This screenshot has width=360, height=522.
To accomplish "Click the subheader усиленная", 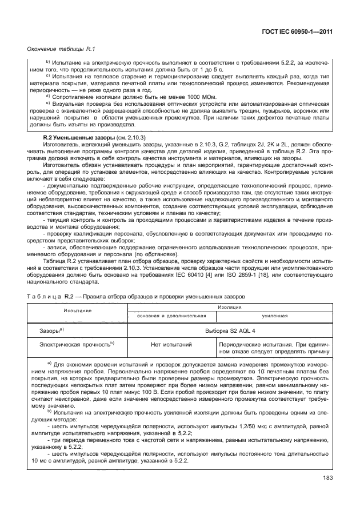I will pyautogui.click(x=274, y=315).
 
